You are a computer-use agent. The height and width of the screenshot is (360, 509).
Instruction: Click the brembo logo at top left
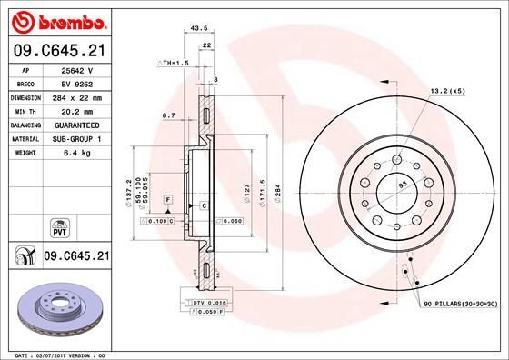tap(57, 20)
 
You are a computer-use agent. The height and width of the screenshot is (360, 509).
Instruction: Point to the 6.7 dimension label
tap(168, 115)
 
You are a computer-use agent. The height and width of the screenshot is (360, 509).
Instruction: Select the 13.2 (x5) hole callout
tap(446, 91)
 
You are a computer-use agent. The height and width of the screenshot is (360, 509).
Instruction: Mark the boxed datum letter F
tap(168, 198)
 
